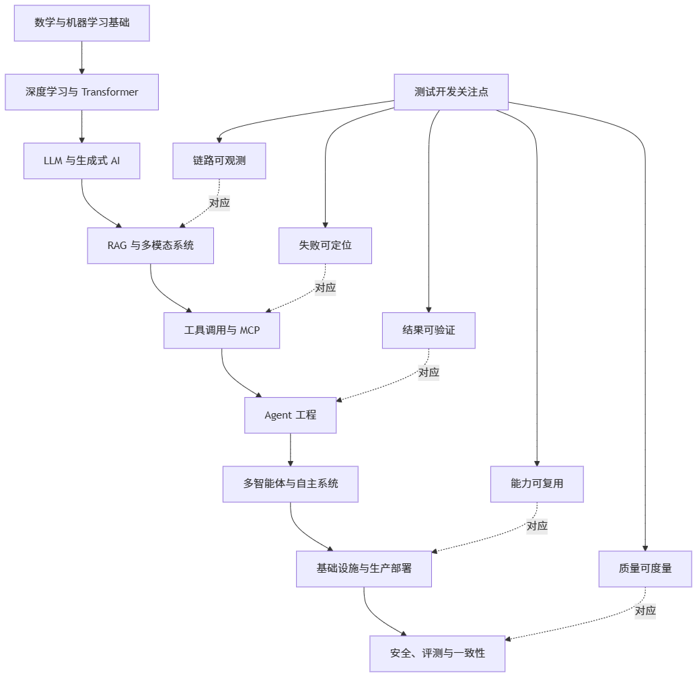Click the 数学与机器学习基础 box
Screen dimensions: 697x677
tap(82, 23)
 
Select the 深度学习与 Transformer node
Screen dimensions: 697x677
tap(82, 92)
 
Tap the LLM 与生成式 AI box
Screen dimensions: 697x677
tap(82, 161)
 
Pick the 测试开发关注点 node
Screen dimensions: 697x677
tap(451, 92)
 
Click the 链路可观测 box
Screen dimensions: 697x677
tap(219, 161)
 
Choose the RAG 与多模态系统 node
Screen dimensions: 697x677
tap(151, 246)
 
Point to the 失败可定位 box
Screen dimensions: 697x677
tap(326, 246)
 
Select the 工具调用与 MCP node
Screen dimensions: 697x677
tap(222, 330)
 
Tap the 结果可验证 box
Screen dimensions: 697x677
tap(429, 330)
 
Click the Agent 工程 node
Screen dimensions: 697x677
tap(290, 415)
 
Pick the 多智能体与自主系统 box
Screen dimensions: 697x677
tap(290, 484)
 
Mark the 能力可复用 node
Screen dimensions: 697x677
tap(537, 484)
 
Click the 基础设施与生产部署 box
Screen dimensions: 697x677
tap(364, 569)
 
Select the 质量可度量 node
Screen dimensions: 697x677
tap(645, 569)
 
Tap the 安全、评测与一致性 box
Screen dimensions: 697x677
tap(437, 653)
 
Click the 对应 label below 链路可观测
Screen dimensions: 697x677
tap(219, 203)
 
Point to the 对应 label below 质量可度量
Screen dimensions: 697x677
tap(645, 611)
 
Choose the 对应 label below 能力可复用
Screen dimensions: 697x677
tap(537, 526)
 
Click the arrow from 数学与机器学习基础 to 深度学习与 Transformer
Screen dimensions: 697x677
tap(82, 58)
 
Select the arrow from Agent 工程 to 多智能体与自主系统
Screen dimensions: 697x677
tap(290, 450)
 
